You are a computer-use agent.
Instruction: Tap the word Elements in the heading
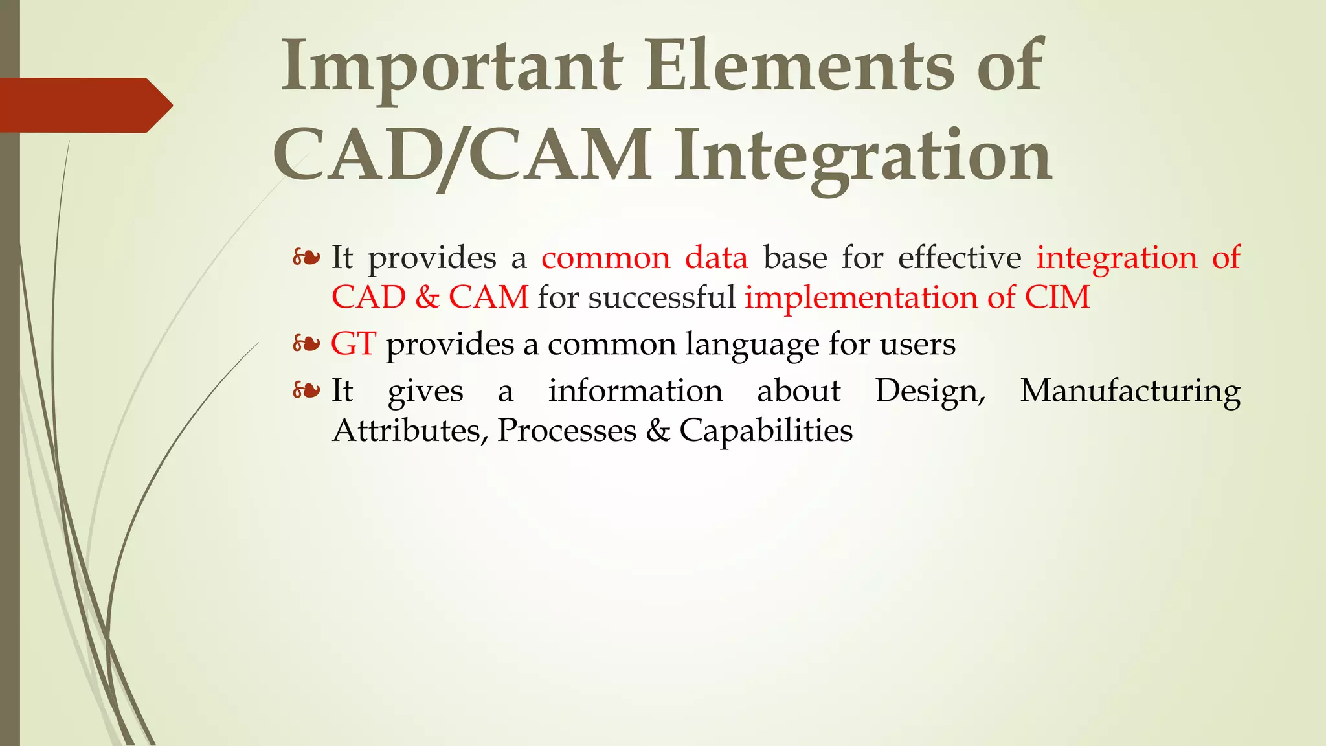click(800, 67)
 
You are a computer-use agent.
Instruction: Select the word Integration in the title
click(863, 155)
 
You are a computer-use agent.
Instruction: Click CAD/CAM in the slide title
click(462, 155)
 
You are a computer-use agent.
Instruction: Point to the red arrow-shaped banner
click(84, 105)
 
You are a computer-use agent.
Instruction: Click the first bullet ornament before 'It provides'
click(306, 258)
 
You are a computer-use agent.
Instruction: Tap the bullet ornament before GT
click(306, 343)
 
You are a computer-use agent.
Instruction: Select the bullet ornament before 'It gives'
click(306, 390)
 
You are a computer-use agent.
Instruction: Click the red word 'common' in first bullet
click(605, 258)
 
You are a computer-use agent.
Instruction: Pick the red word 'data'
click(716, 258)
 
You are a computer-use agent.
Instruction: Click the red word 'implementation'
click(861, 297)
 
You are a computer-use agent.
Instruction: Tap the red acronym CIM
click(1057, 297)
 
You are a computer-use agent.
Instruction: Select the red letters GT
click(353, 343)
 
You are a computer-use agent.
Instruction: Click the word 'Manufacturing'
click(1130, 391)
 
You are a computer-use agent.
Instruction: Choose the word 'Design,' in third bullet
click(930, 391)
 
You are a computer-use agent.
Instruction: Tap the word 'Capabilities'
click(766, 431)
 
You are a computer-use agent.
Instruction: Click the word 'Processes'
click(567, 431)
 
